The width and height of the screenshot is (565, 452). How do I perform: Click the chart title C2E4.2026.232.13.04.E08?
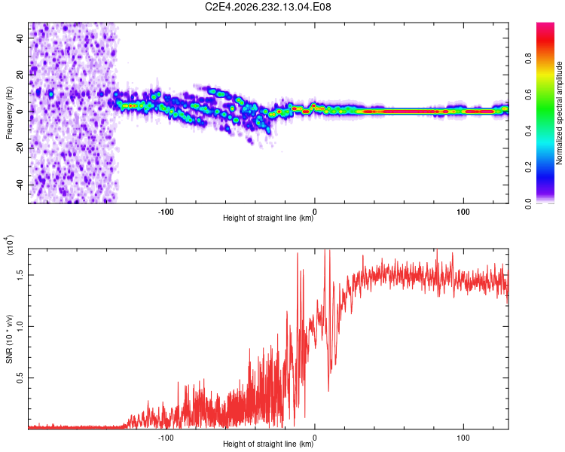tap(267, 7)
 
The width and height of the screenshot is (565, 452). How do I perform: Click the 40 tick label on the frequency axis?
tap(20, 38)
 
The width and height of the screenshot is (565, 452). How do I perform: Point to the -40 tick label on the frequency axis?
tap(20, 185)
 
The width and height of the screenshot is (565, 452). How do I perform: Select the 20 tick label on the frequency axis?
tap(20, 75)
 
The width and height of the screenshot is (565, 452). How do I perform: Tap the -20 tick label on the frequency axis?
tap(20, 148)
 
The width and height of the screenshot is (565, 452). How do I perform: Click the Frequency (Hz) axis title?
tap(9, 113)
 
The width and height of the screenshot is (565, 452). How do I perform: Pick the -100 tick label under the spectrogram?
tap(166, 212)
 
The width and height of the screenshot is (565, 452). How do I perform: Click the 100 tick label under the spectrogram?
tap(463, 212)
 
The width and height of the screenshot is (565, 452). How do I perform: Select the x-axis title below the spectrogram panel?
tap(268, 218)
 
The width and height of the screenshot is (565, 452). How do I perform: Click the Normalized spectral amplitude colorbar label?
tap(559, 113)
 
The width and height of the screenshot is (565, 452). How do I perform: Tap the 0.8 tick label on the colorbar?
tap(528, 59)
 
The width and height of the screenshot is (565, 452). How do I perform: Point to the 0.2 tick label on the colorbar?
tap(528, 167)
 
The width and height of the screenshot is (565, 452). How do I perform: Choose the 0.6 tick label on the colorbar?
tap(528, 95)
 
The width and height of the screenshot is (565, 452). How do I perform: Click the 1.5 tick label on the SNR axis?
tap(20, 275)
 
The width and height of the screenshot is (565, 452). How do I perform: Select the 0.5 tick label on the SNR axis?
tap(20, 378)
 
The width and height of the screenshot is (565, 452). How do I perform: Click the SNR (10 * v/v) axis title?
tap(9, 339)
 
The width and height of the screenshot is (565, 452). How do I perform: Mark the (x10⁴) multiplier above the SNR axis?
tap(9, 245)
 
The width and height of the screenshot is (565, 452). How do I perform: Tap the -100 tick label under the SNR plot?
tap(166, 438)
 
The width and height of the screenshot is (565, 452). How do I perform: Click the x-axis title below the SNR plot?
tap(268, 444)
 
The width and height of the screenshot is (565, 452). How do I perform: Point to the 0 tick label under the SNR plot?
tap(315, 438)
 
